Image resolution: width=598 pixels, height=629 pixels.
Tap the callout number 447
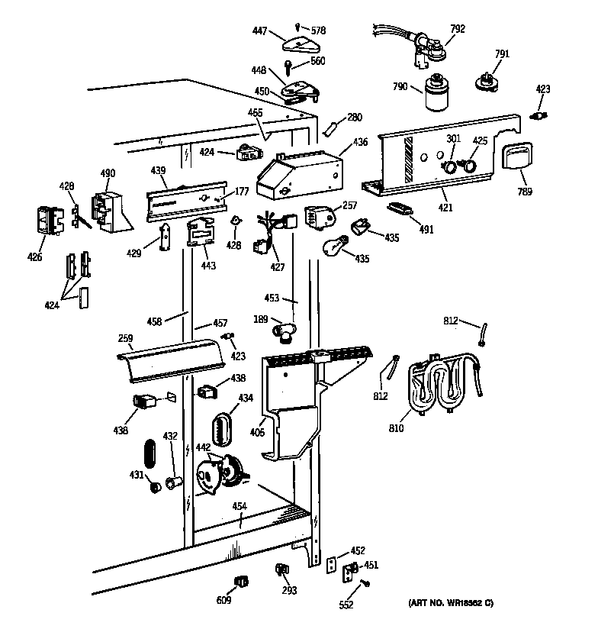pyautogui.click(x=261, y=31)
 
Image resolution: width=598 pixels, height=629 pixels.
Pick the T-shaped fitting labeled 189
pyautogui.click(x=284, y=333)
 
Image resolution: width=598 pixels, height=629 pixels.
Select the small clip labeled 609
pyautogui.click(x=242, y=582)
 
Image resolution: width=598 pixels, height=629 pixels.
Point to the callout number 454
pyautogui.click(x=239, y=506)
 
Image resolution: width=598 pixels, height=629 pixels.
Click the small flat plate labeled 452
pyautogui.click(x=331, y=564)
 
